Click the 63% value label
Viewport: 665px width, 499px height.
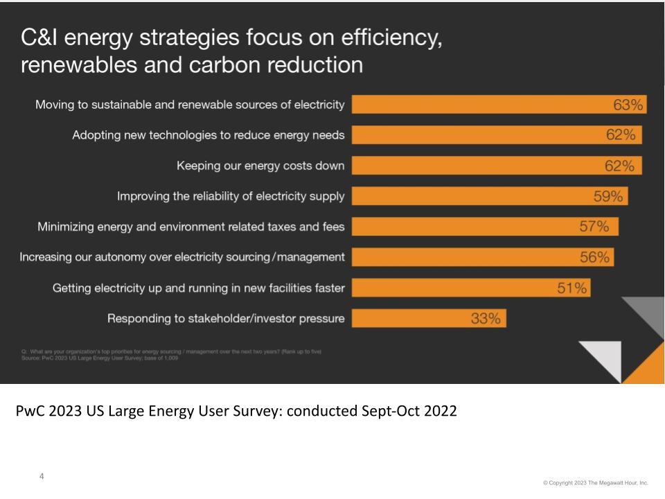click(x=628, y=105)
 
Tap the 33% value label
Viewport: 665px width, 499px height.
click(x=486, y=319)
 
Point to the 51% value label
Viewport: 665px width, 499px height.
click(x=572, y=288)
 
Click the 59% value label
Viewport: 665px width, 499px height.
click(x=609, y=197)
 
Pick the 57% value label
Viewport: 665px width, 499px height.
click(x=594, y=227)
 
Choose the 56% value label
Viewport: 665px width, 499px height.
click(x=595, y=257)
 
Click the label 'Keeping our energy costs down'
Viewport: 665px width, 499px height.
click(x=260, y=166)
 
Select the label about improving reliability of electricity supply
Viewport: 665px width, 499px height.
click(x=231, y=196)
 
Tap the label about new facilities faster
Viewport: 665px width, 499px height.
click(x=199, y=288)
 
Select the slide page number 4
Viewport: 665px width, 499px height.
click(x=42, y=476)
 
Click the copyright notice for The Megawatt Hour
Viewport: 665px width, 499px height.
click(x=596, y=482)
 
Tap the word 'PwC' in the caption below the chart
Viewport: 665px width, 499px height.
click(x=31, y=410)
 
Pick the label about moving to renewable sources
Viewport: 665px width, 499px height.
click(x=190, y=105)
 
